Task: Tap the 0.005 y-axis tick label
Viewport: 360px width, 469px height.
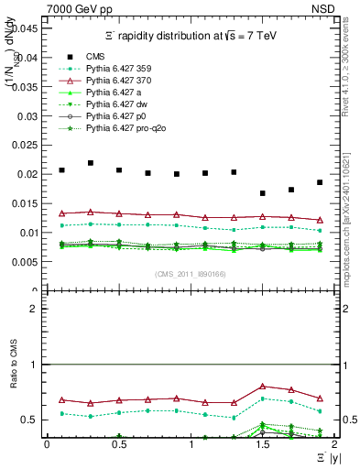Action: (25, 262)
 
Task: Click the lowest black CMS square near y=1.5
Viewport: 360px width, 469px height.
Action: (263, 193)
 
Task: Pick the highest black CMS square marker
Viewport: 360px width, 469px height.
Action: (91, 163)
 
